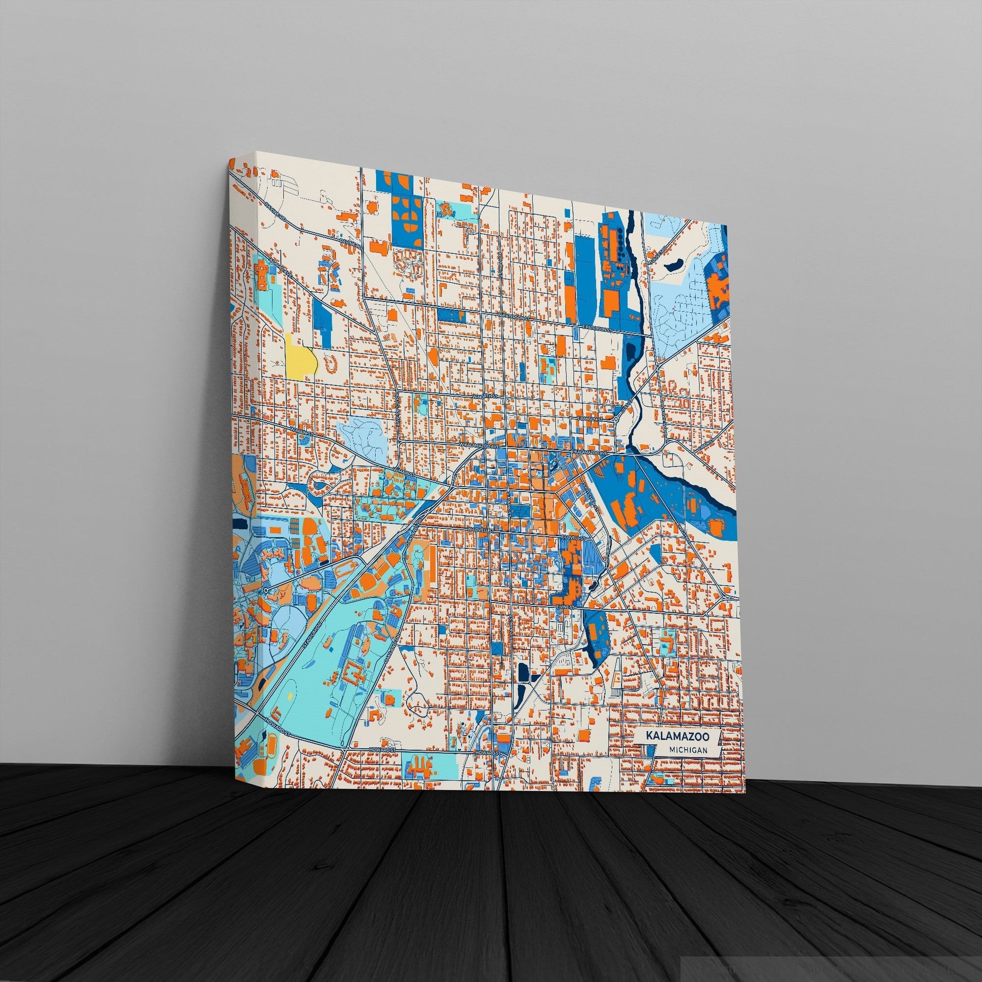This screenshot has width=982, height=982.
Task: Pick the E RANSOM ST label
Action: (x=590, y=418)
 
